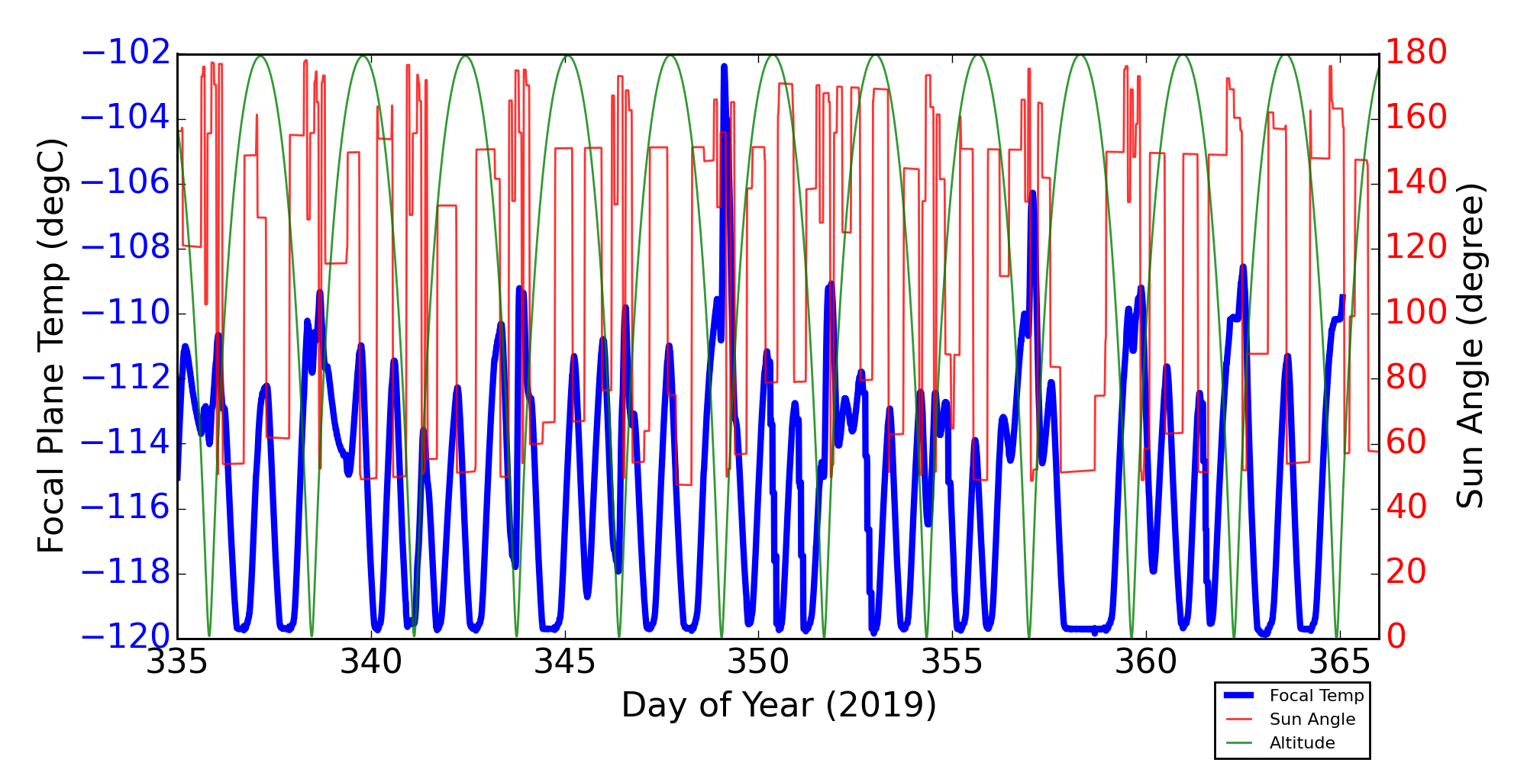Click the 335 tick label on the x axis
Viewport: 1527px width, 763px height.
click(176, 662)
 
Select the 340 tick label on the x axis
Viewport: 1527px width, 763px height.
click(371, 662)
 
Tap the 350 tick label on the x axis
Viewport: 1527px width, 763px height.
click(758, 662)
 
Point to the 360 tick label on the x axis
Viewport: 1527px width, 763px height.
click(1146, 662)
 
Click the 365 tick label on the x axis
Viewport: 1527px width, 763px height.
click(1340, 662)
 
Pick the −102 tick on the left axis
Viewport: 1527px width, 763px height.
click(126, 53)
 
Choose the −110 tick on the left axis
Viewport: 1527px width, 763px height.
click(126, 313)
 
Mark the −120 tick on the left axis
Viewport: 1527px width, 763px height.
click(126, 637)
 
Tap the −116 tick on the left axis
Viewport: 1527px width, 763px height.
click(126, 507)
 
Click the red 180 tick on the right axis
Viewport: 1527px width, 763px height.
click(1417, 53)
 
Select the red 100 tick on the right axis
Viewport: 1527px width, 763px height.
click(1417, 313)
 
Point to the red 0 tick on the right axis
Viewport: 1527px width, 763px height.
click(1397, 637)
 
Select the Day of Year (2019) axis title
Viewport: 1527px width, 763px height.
click(778, 705)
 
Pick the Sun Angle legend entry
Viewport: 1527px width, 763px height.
click(1312, 720)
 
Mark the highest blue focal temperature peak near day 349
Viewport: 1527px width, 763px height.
click(724, 67)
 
